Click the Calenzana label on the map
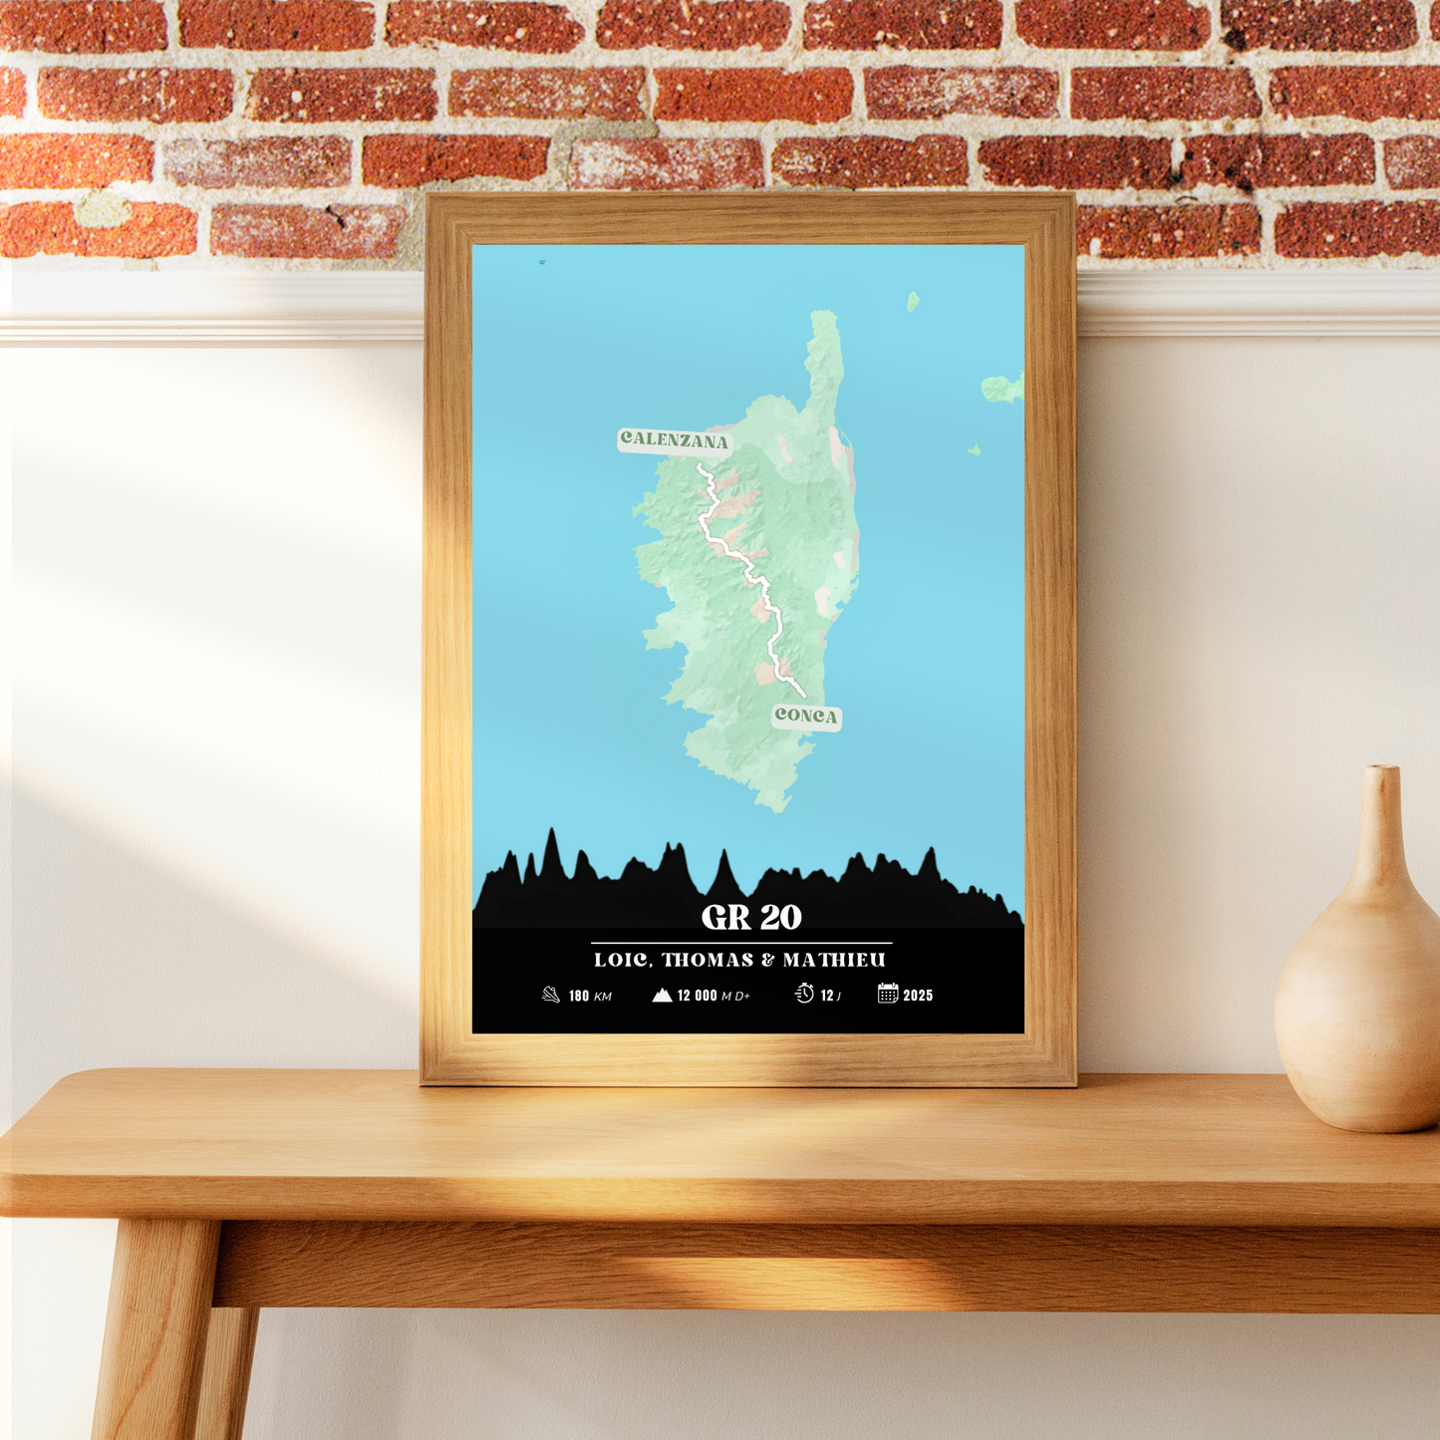coord(675,439)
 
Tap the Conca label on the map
coord(806,716)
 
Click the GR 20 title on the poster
coord(751,917)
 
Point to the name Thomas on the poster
coord(708,961)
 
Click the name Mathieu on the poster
coord(834,961)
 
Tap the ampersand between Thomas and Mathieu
coord(767,961)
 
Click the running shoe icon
coord(551,995)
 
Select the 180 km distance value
coord(579,996)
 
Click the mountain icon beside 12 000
coord(662,995)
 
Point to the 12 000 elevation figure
coord(697,996)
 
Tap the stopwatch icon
coord(804,994)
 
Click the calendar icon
coord(888,994)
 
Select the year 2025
coord(918,996)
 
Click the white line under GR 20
coord(741,942)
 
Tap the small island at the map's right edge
coord(1002,388)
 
